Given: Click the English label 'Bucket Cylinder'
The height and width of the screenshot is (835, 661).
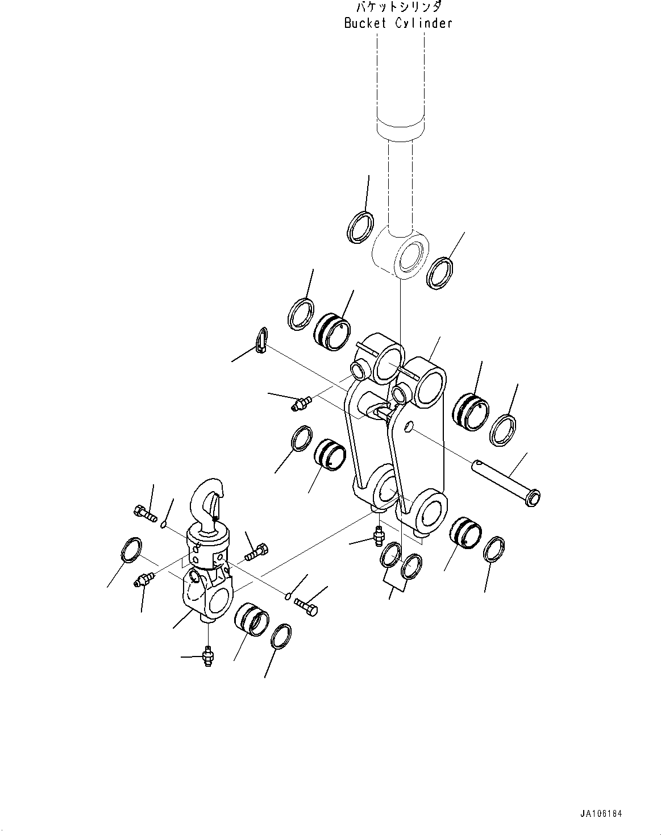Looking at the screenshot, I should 398,23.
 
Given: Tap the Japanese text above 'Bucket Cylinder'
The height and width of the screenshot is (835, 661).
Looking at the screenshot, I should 398,7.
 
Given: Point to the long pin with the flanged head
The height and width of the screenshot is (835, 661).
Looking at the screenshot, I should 506,483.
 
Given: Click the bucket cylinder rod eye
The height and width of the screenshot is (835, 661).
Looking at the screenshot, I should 401,256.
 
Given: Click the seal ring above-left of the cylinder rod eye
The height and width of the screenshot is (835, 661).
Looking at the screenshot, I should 360,227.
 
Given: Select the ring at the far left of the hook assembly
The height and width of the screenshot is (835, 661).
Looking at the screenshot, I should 132,550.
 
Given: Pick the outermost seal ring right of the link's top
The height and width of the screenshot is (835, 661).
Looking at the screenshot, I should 503,430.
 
